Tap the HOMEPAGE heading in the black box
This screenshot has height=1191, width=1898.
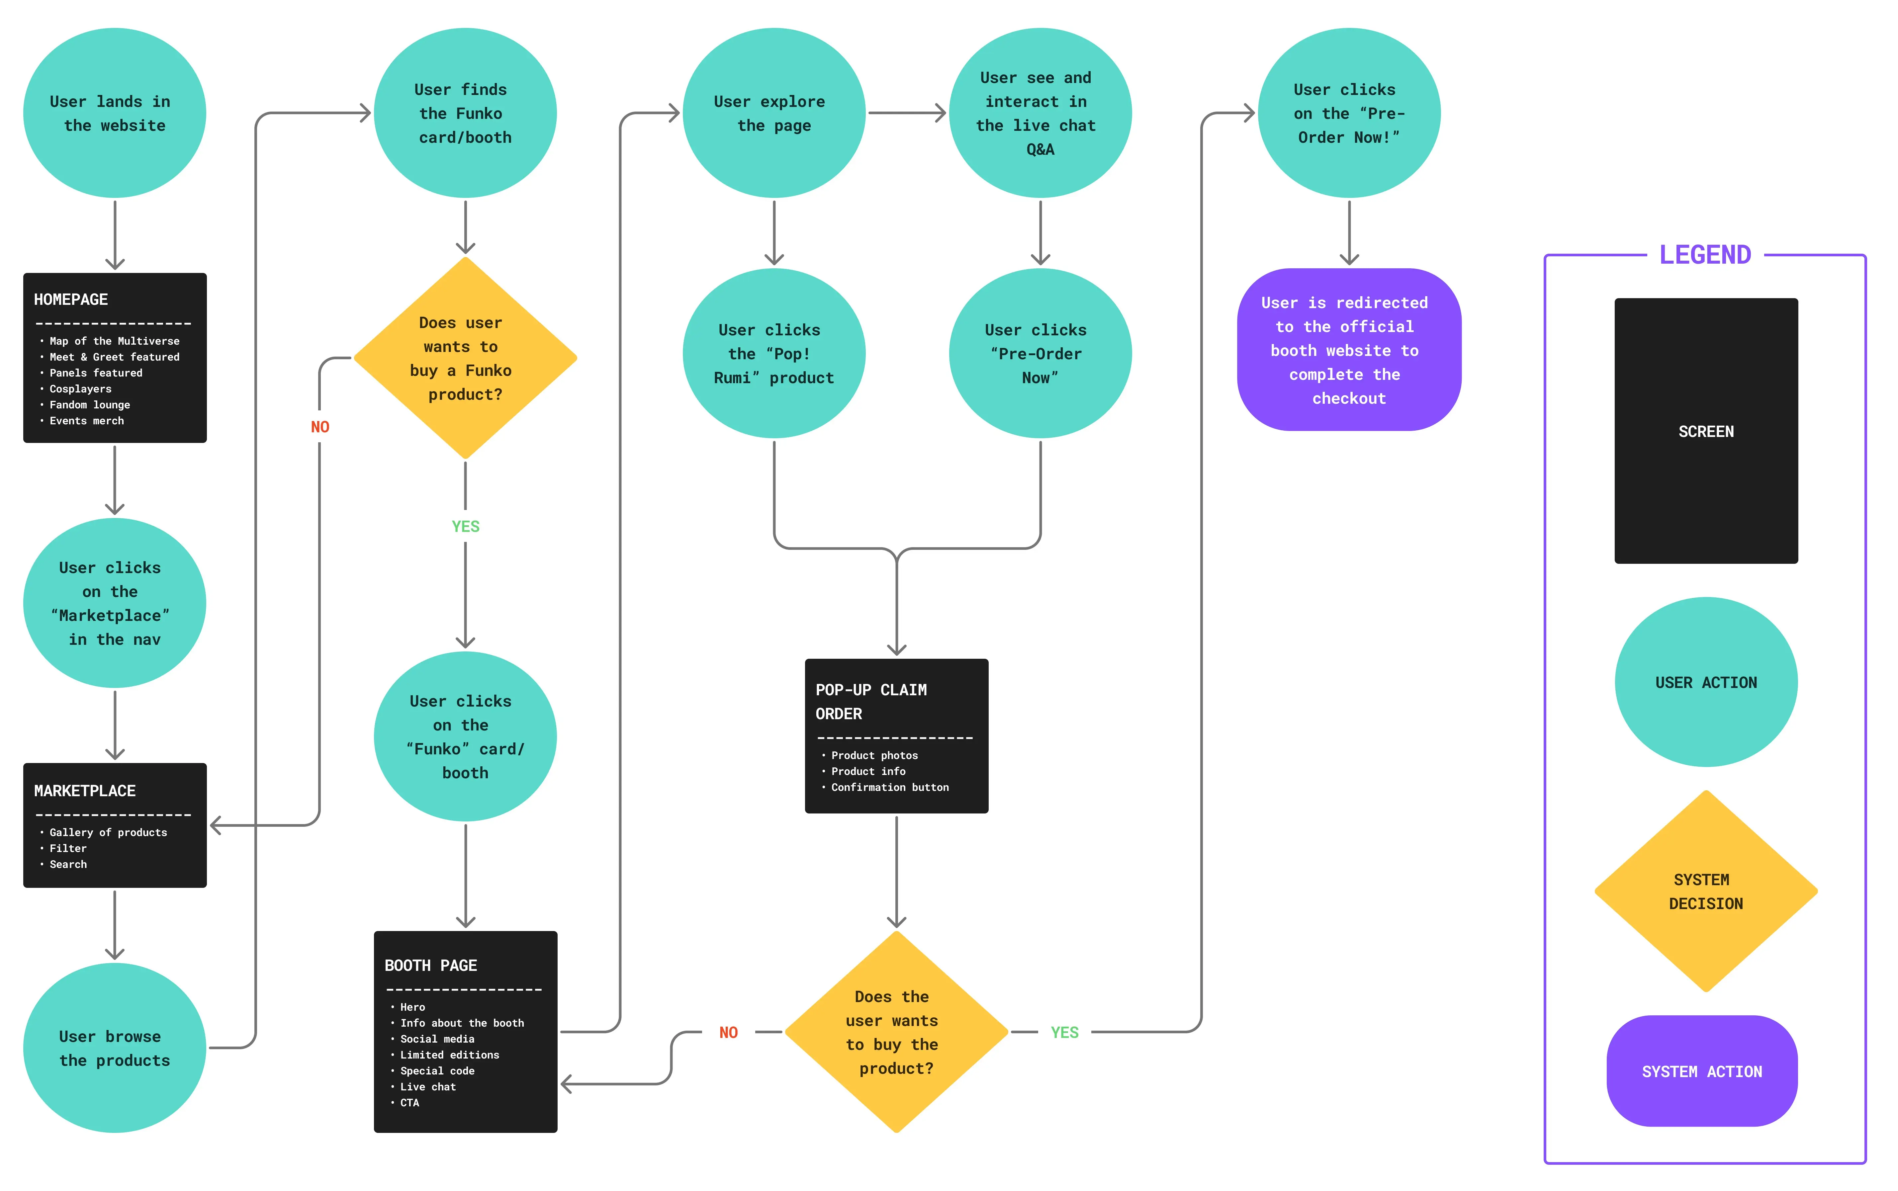71,299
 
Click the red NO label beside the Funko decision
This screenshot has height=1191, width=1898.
320,427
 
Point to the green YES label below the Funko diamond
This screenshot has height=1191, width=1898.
466,526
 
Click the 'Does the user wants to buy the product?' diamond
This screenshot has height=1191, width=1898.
897,1032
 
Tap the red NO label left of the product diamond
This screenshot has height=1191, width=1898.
729,1033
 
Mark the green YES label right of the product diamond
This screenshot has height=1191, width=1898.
1064,1033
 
